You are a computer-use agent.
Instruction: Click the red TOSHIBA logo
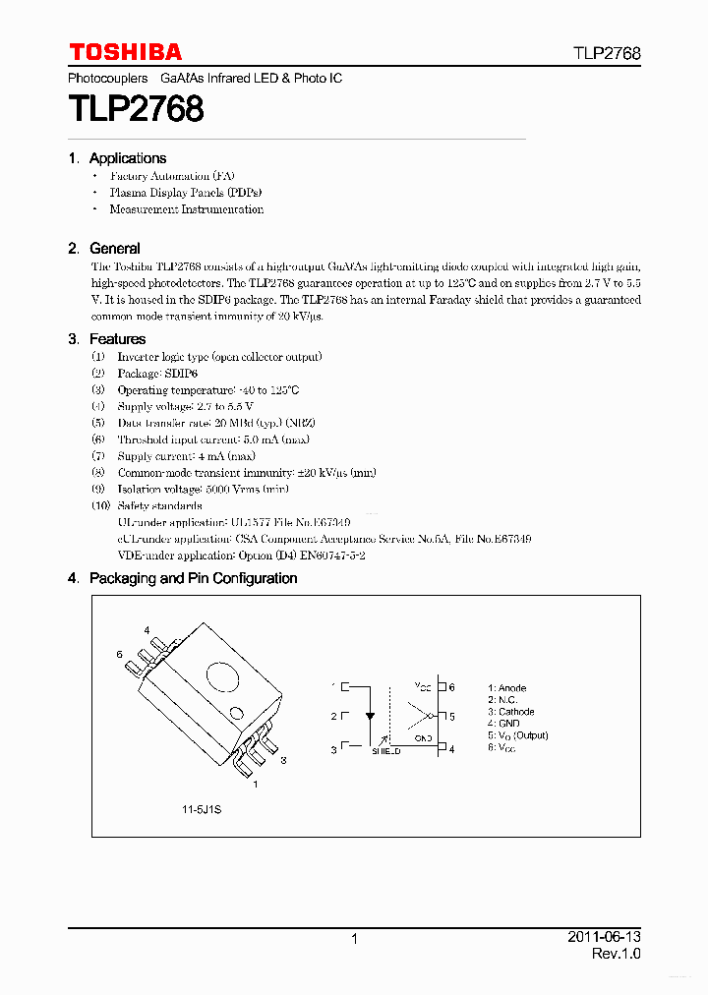[x=125, y=52]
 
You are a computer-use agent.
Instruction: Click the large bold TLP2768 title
[x=136, y=108]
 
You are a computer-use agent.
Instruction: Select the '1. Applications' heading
[x=117, y=158]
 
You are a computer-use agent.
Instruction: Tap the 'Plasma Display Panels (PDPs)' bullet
[x=185, y=193]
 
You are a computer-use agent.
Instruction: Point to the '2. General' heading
[x=104, y=249]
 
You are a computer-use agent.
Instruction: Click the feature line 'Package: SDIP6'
[x=157, y=374]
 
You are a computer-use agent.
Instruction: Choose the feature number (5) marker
[x=97, y=423]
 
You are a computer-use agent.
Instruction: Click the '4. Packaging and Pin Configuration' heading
[x=183, y=578]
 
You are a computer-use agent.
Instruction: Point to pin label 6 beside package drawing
[x=119, y=654]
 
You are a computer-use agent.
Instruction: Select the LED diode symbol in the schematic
[x=369, y=716]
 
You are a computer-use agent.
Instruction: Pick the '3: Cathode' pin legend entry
[x=510, y=712]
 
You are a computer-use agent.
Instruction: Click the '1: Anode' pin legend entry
[x=506, y=688]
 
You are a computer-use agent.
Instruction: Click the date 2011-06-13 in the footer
[x=604, y=937]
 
